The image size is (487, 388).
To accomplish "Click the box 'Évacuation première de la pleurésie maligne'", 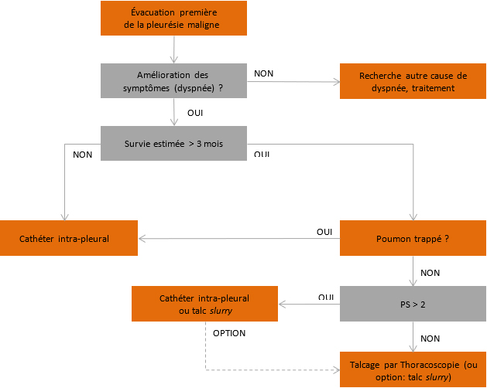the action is [173, 18].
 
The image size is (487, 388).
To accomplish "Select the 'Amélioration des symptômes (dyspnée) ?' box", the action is [173, 80].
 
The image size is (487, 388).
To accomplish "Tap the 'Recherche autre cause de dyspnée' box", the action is [413, 81].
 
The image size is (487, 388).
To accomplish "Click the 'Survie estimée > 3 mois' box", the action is [173, 143].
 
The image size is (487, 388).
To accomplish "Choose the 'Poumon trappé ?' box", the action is [413, 238].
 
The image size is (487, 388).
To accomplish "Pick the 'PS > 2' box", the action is [413, 304].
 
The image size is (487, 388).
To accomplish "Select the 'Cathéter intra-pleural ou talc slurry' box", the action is [204, 304].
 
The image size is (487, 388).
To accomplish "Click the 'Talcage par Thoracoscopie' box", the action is [413, 369].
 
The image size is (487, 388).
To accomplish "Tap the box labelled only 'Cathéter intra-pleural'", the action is [69, 238].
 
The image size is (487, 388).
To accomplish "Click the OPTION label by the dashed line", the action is [229, 333].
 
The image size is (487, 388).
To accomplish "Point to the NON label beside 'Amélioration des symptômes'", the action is [264, 73].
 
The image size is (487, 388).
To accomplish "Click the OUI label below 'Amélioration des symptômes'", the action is [195, 113].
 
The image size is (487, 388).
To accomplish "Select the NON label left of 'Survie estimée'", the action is [83, 155].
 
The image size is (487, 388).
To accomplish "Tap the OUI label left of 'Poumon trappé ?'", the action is [324, 232].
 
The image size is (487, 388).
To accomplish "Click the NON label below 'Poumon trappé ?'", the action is [430, 273].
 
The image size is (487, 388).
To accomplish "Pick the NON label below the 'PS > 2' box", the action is [430, 339].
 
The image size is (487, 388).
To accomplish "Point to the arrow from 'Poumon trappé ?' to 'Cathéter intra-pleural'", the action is [239, 239].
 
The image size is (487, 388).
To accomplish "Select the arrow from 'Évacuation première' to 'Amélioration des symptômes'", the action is [174, 49].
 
